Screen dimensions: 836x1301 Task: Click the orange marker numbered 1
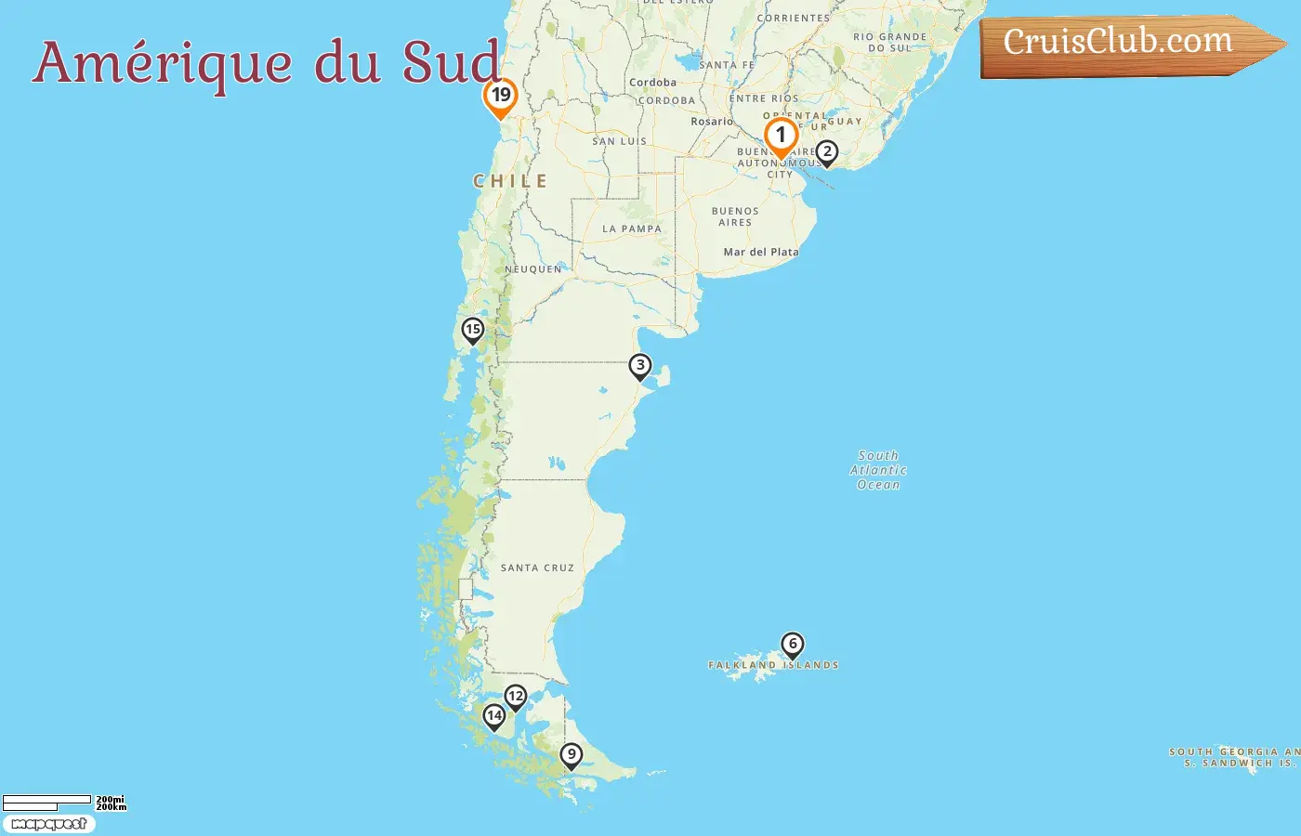(781, 136)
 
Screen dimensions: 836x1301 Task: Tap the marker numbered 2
(826, 152)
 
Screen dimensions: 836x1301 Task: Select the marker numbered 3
(639, 366)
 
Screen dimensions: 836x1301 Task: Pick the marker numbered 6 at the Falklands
(792, 644)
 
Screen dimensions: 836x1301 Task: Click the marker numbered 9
(572, 755)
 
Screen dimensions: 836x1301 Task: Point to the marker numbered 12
(516, 697)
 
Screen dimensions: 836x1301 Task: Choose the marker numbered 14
(494, 716)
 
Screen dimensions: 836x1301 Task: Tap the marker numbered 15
(473, 330)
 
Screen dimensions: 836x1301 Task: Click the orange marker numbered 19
(501, 96)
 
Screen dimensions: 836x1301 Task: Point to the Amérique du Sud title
(268, 63)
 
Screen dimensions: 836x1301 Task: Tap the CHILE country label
(510, 181)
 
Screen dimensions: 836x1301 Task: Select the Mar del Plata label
(761, 252)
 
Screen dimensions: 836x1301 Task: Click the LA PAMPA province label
(632, 229)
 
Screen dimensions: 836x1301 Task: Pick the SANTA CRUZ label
(537, 568)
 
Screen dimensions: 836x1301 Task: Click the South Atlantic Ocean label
(878, 470)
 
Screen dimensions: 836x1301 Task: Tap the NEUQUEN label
(533, 269)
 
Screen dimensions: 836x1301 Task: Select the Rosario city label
(712, 122)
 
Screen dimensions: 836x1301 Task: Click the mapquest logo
(49, 824)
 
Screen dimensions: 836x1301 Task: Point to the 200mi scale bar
(46, 801)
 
